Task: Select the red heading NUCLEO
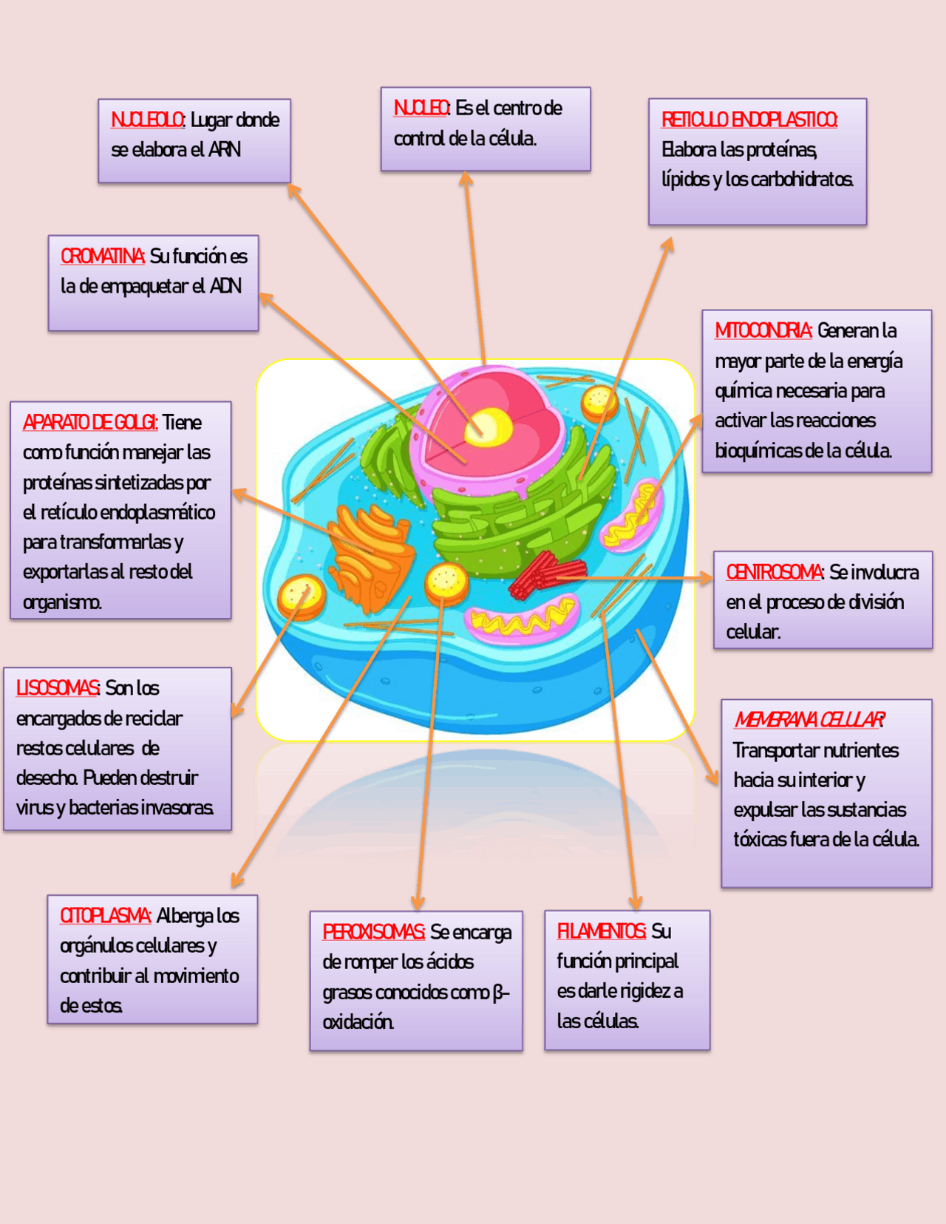(x=421, y=108)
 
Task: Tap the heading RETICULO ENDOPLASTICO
(x=749, y=120)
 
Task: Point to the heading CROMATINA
(x=102, y=256)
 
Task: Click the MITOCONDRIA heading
(x=763, y=330)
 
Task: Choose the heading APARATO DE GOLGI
(x=89, y=422)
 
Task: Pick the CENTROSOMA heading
(x=774, y=572)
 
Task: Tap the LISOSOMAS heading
(x=57, y=688)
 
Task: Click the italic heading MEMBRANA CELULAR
(x=809, y=719)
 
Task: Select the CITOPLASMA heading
(x=105, y=916)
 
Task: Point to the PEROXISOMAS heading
(x=372, y=932)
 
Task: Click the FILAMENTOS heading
(x=601, y=931)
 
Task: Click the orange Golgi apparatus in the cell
(x=370, y=551)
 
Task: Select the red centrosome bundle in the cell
(x=543, y=574)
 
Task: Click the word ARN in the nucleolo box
(x=225, y=150)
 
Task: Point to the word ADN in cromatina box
(x=225, y=286)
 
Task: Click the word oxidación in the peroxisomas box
(x=358, y=1022)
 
